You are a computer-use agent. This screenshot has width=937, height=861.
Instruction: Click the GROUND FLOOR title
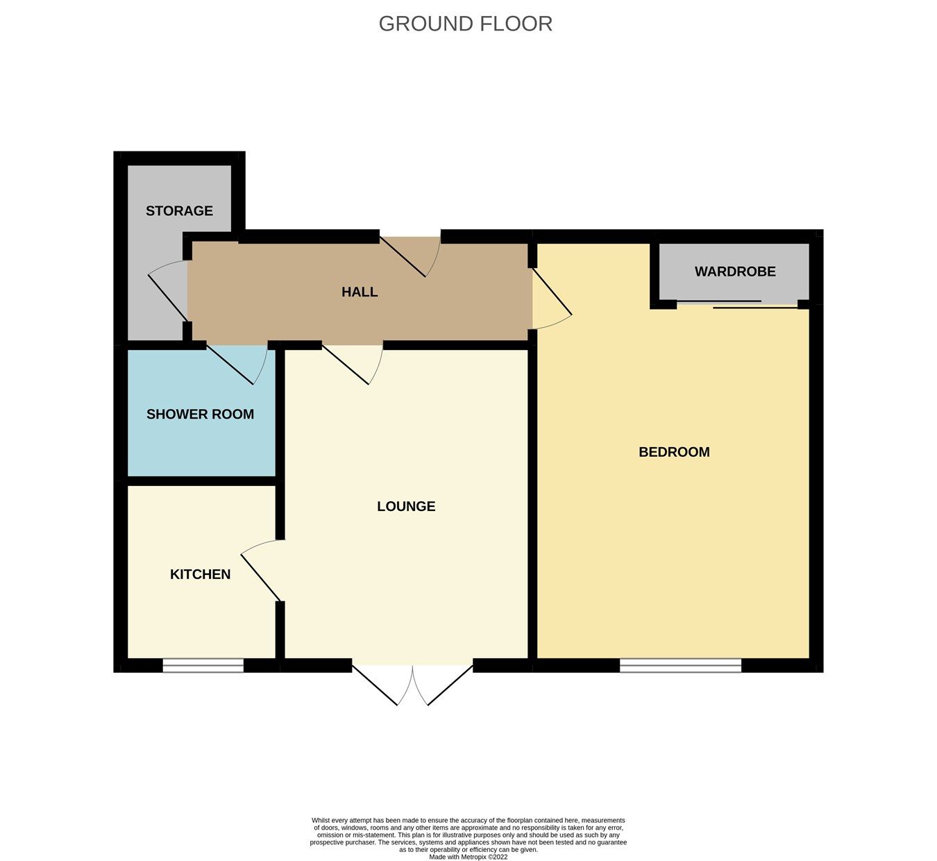(x=465, y=24)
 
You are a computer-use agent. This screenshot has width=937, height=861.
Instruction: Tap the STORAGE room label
(x=179, y=210)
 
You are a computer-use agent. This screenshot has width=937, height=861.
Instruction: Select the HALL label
(x=360, y=292)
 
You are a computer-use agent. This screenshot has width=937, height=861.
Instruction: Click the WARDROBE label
(x=735, y=271)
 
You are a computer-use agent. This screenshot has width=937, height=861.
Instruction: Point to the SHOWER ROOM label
(x=200, y=414)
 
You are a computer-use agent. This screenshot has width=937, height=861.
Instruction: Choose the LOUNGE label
(x=406, y=506)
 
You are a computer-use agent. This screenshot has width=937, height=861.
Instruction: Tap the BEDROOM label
(x=674, y=452)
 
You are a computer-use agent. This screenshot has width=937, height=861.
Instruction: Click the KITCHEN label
(x=200, y=574)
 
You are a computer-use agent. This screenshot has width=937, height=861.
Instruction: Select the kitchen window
(x=203, y=666)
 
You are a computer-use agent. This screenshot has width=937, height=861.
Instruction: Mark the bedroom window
(x=680, y=666)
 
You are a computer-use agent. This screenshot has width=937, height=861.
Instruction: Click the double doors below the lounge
(x=413, y=684)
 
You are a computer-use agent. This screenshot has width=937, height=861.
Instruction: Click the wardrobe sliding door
(x=736, y=304)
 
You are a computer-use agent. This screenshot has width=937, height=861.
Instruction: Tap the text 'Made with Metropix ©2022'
(x=468, y=857)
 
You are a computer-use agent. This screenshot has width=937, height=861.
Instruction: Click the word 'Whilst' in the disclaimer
(x=321, y=821)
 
